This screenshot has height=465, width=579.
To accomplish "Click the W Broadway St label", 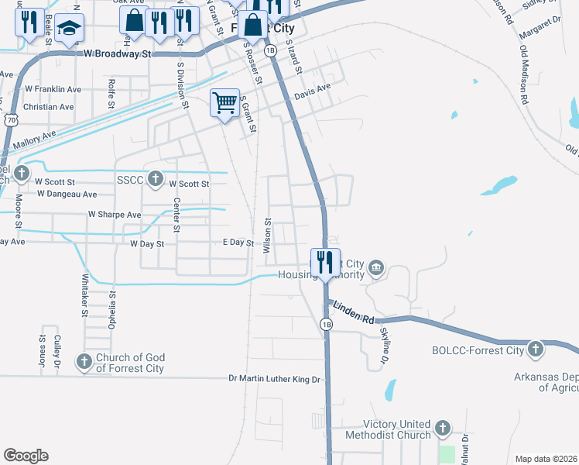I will (x=116, y=54).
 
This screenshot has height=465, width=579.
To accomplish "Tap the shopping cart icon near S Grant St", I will (x=224, y=102).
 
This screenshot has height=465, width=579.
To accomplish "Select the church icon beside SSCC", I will (x=155, y=179).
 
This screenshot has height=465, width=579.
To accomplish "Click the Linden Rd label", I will (x=355, y=313).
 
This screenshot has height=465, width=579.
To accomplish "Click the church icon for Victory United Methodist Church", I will (x=442, y=429).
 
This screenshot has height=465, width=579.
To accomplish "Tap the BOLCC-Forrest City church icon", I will (x=535, y=350).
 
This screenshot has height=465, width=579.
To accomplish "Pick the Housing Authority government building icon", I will (x=375, y=268).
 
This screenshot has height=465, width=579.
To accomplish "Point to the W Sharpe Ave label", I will (x=114, y=214).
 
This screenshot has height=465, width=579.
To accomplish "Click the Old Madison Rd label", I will (x=525, y=74).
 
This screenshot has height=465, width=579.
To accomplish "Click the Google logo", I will (x=26, y=456).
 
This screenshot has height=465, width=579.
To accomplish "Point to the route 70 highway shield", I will (x=11, y=120).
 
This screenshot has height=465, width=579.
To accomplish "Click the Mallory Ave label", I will (x=34, y=139).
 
